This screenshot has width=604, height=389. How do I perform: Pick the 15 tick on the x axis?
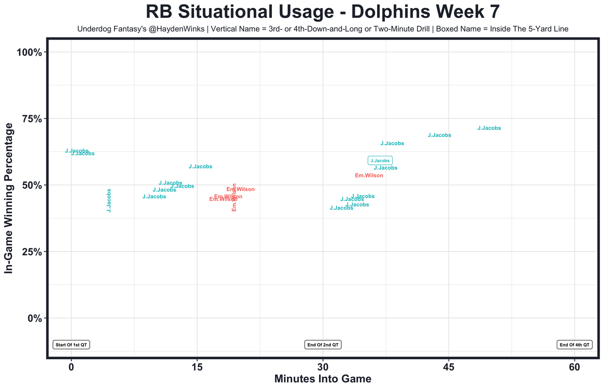tap(197, 367)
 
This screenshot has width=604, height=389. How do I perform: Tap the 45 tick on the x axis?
tap(449, 367)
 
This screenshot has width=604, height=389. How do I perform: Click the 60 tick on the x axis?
tap(575, 367)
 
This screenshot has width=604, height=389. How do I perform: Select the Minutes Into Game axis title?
tap(322, 379)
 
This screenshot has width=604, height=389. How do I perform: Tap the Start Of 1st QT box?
tap(71, 345)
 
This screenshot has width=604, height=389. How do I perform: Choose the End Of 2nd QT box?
tap(323, 345)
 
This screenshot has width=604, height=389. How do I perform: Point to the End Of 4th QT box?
tap(574, 345)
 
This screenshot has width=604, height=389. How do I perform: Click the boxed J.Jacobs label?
tap(380, 161)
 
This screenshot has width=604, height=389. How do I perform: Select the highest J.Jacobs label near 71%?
tap(489, 128)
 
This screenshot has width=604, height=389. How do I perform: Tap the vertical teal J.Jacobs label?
tap(109, 200)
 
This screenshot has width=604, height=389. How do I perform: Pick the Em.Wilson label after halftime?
tap(369, 176)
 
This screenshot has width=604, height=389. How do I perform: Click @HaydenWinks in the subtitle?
tap(182, 29)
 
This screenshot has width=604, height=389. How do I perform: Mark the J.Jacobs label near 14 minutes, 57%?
tap(200, 167)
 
